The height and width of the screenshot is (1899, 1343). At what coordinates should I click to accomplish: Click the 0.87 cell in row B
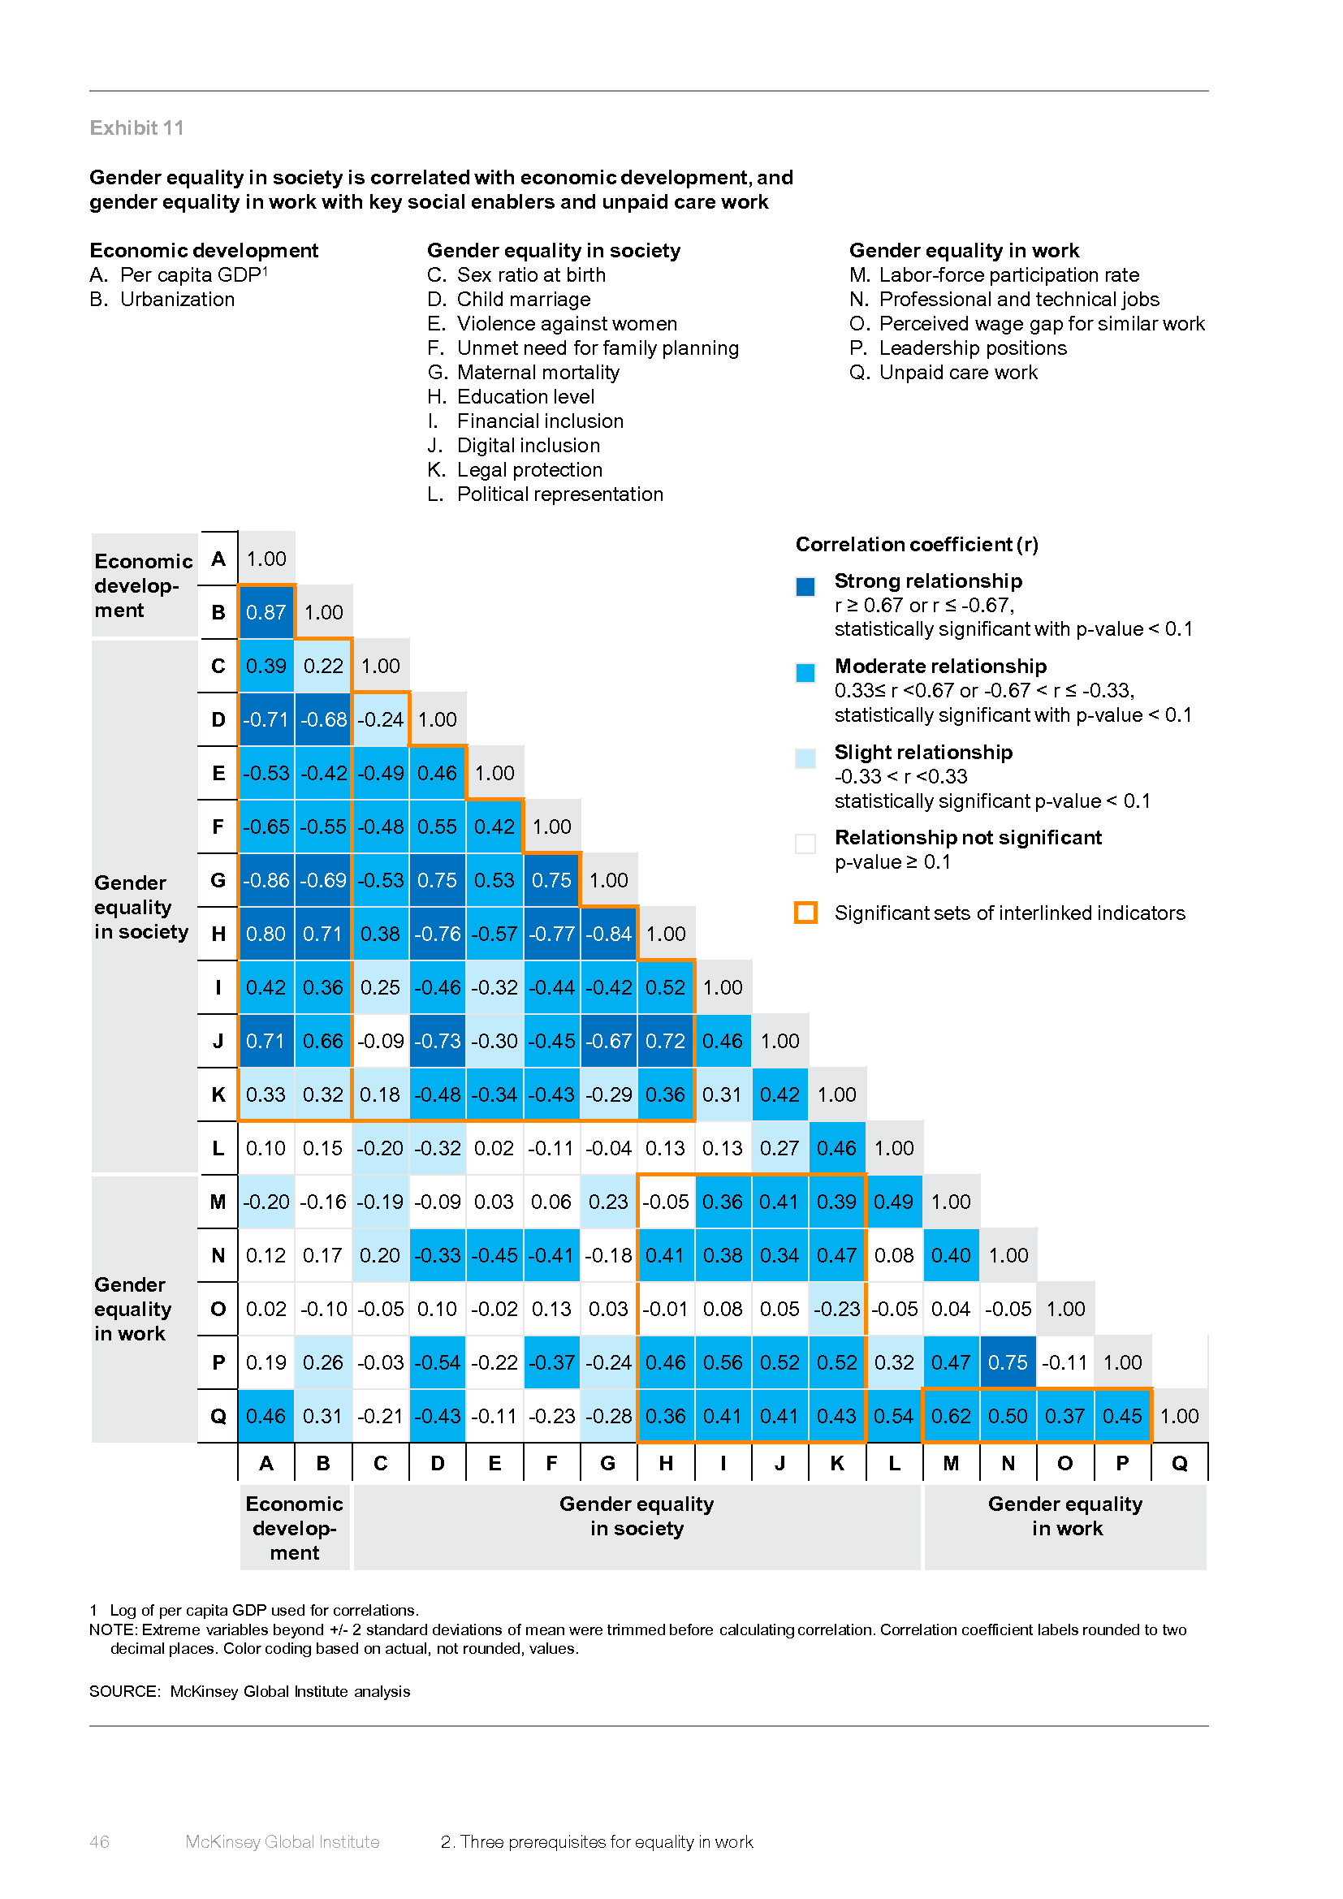(266, 613)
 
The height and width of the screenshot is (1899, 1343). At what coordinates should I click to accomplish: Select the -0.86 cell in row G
(266, 881)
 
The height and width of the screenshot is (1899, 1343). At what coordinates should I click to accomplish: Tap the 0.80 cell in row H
(266, 934)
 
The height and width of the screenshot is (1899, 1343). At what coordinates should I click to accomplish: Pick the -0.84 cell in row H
(609, 934)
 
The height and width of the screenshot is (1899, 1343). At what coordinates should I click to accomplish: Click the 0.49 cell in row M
(894, 1202)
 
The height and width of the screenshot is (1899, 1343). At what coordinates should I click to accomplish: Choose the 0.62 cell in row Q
(951, 1417)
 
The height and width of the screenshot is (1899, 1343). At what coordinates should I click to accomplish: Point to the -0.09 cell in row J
(380, 1042)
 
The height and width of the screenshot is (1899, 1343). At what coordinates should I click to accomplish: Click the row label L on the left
(218, 1149)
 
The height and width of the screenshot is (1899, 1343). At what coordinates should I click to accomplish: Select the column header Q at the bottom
(1179, 1464)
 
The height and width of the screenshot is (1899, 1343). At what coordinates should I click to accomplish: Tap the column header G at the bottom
(608, 1464)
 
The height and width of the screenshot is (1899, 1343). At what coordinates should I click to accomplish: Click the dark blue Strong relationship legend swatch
(805, 587)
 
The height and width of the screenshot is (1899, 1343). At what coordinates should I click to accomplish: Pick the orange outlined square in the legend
(805, 913)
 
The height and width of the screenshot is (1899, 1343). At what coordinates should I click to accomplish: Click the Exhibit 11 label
(137, 128)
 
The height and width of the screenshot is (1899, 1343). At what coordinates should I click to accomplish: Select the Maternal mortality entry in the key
(538, 373)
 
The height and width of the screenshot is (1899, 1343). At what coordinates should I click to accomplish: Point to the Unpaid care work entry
(957, 373)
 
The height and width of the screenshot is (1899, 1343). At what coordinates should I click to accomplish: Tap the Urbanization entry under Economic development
(177, 300)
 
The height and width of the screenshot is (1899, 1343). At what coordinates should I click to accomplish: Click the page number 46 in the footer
(99, 1842)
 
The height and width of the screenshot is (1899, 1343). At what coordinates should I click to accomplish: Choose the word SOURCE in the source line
(123, 1691)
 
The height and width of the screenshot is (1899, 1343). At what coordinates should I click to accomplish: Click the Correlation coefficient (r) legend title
(916, 545)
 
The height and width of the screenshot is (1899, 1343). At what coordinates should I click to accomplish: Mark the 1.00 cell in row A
(266, 559)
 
